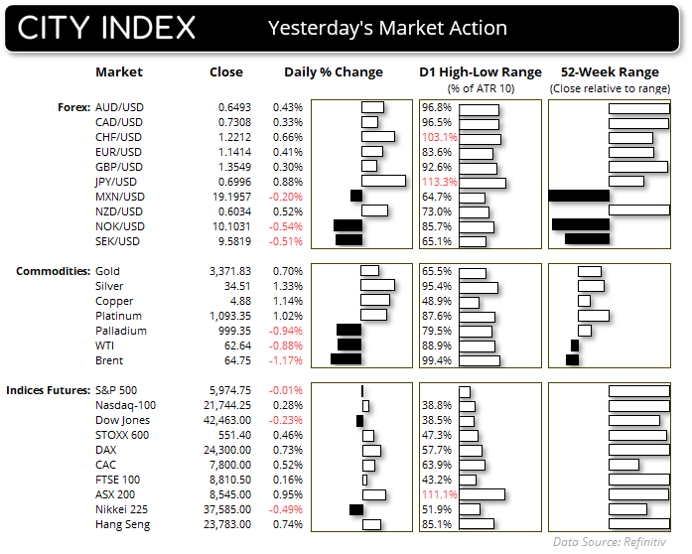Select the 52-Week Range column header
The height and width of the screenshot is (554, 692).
coord(610,72)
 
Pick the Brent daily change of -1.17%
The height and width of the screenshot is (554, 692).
coord(285,360)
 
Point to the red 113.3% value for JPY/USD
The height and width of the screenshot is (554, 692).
coord(439,181)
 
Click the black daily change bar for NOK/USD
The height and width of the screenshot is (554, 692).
coord(348,225)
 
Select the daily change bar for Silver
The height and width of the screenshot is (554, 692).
coord(378,286)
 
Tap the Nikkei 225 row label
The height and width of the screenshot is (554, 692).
coord(122,509)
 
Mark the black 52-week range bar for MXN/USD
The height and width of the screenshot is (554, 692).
coord(578,196)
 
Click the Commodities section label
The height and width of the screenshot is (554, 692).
coord(49,271)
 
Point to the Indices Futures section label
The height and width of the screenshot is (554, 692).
coord(48,390)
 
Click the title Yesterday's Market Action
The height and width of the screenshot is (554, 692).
coord(387,29)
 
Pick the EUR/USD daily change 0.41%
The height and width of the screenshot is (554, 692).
coord(287,151)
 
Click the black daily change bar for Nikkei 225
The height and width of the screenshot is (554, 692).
coord(355,509)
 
